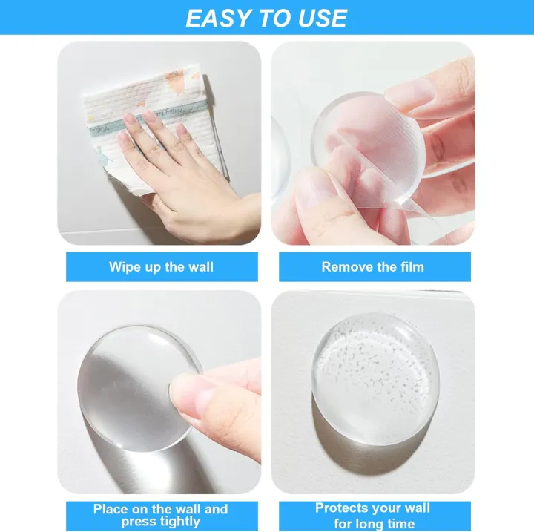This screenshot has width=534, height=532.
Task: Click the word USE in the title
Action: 320,18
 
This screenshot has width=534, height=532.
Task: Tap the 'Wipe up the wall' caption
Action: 161,267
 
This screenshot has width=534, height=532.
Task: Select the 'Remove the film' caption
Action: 373,267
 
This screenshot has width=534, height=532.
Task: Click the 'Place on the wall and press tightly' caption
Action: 161,515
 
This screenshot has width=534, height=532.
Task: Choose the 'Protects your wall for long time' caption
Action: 373,514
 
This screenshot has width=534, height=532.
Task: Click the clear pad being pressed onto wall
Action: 133,378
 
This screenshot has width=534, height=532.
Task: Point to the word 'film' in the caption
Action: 411,267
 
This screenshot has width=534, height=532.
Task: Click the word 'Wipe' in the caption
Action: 125,267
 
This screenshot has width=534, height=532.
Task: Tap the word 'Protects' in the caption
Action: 341,508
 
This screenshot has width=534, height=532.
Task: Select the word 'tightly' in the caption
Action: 180,522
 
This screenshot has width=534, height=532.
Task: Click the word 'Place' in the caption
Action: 111,509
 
